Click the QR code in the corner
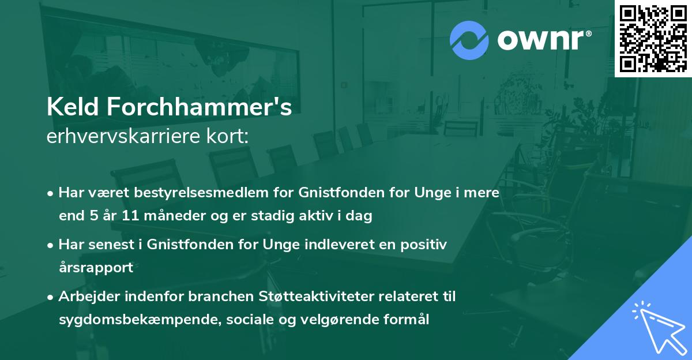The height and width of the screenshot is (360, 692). click(x=653, y=38)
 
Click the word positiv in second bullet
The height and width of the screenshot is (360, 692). click(x=426, y=245)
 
